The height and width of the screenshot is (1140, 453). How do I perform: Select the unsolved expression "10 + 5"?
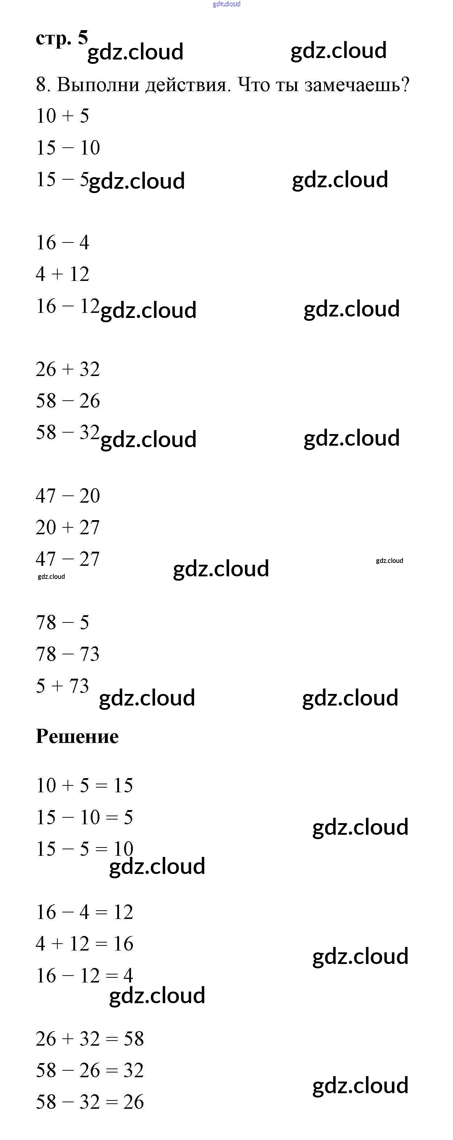[62, 116]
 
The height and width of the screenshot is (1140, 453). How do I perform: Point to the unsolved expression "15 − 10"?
[68, 148]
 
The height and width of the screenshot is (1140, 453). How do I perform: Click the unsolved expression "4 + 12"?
[62, 274]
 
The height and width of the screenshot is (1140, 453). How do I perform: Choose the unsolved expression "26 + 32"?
[68, 369]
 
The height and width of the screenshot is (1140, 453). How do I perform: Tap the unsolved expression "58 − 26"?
[68, 401]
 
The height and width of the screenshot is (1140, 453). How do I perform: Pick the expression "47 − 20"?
[68, 496]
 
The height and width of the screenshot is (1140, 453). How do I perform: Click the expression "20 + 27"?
[68, 527]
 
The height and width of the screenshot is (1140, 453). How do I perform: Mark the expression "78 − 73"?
[68, 654]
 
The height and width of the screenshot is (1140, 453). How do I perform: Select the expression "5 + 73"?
[62, 686]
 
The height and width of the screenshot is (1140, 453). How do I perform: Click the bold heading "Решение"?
[77, 736]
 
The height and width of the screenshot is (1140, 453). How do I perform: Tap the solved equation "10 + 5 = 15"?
[84, 785]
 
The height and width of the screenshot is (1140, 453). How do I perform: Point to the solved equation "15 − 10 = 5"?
[84, 817]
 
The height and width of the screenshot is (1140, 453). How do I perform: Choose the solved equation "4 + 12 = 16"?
[84, 944]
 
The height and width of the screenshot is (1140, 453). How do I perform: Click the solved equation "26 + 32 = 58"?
[90, 1039]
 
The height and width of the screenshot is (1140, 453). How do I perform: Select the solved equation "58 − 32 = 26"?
[90, 1102]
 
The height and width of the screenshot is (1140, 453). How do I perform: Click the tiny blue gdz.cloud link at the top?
[226, 4]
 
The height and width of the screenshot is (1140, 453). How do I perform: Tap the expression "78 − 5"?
[62, 623]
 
